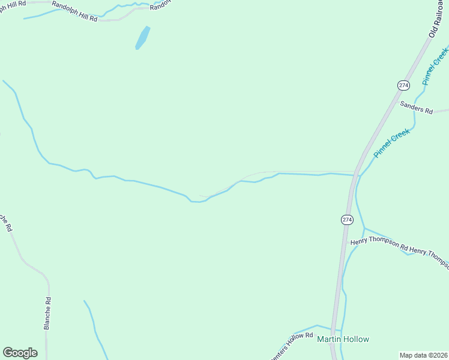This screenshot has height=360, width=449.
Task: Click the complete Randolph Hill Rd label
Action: pos(74,11)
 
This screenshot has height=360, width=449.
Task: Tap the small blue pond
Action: pos(142,37)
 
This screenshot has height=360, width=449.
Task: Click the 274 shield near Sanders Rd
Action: pos(403,85)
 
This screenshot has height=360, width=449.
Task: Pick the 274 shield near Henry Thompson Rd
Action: pos(347,220)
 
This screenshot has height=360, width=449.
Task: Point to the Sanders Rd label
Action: pos(416,107)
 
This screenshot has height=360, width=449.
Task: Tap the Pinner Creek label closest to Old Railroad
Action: pos(435,67)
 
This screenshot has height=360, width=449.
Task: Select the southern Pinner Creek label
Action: pos(391,143)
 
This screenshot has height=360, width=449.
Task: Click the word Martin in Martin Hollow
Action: pos(328,339)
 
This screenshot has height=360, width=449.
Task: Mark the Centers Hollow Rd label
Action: pos(292,346)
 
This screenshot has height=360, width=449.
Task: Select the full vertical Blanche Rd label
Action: pos(47,313)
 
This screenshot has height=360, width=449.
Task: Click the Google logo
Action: pos(20,353)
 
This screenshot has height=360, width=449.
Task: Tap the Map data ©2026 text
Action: pos(424,355)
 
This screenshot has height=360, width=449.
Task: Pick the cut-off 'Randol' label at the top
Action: pos(160,5)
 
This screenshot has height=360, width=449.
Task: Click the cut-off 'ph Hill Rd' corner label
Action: pos(13,3)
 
